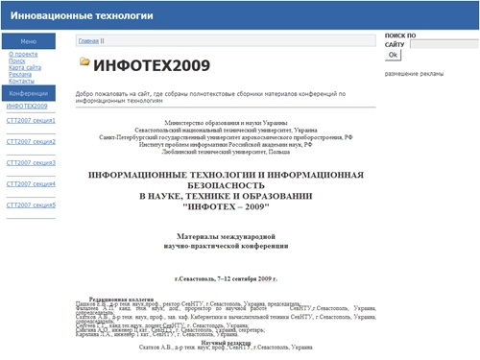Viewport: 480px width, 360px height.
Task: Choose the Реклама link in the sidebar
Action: coord(18,75)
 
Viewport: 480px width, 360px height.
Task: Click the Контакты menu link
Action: coord(20,83)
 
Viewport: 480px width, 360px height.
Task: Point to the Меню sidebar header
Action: coord(29,41)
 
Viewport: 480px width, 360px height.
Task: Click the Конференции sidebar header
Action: coord(29,94)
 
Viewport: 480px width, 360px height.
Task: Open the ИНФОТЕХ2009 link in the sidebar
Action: coord(26,106)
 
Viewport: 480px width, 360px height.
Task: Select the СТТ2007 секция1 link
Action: coord(30,121)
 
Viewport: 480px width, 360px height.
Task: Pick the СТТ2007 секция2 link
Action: coord(30,142)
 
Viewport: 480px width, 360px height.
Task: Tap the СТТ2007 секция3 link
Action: coord(30,162)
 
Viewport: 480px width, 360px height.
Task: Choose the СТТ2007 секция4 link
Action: coord(30,183)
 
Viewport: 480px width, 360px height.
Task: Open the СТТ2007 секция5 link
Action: coord(30,204)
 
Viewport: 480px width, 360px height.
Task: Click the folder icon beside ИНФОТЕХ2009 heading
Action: coord(85,62)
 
